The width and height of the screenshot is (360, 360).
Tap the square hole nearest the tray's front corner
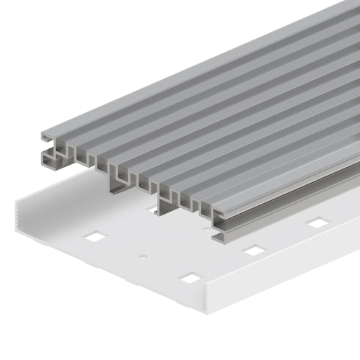pyautogui.click(x=189, y=277)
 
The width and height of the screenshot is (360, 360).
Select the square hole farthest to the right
pyautogui.click(x=317, y=223)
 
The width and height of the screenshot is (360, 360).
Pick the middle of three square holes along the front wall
pyautogui.click(x=253, y=250)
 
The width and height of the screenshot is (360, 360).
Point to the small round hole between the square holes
pyautogui.click(x=143, y=255)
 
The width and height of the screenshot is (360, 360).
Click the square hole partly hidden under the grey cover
pyautogui.click(x=153, y=210)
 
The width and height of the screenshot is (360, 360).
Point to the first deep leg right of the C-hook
pyautogui.click(x=115, y=184)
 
